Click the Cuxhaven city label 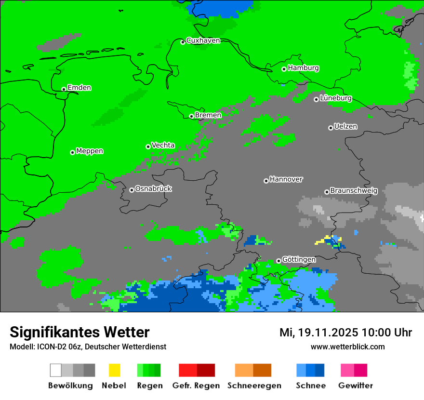203,40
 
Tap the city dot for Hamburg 284,69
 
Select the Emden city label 79,88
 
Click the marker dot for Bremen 191,116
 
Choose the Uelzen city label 345,126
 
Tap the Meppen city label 90,151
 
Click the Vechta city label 163,145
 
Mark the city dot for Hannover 266,181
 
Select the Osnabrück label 153,188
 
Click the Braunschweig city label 354,190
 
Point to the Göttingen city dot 278,261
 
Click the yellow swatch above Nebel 114,370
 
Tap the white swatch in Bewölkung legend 56,370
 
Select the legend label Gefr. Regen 196,386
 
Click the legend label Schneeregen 254,386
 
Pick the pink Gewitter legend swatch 347,370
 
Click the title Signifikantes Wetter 79,332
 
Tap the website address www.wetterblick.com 347,347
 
